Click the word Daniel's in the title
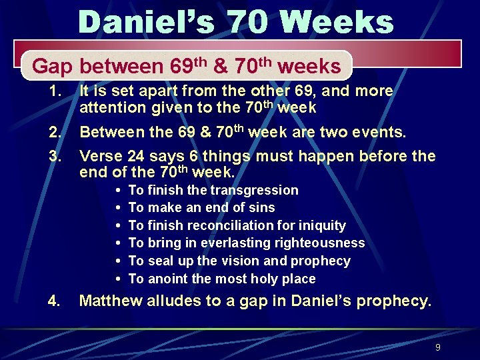point(146,21)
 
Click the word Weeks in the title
point(337,21)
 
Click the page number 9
point(437,347)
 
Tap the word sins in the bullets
point(261,207)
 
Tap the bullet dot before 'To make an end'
point(118,208)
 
